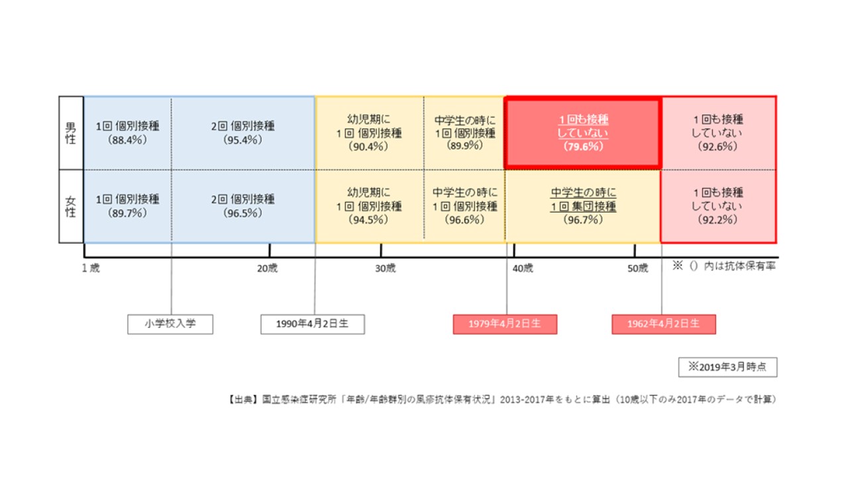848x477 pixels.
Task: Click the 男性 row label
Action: pyautogui.click(x=71, y=133)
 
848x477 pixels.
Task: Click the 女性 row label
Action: pyautogui.click(x=71, y=206)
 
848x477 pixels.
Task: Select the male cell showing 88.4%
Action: pyautogui.click(x=128, y=133)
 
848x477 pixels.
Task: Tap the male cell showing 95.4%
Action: pyautogui.click(x=243, y=133)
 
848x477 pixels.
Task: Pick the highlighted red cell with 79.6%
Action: pyautogui.click(x=583, y=133)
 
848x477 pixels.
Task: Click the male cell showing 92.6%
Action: pyautogui.click(x=718, y=133)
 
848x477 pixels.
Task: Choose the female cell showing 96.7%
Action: pyautogui.click(x=583, y=206)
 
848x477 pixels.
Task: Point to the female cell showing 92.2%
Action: pyautogui.click(x=718, y=206)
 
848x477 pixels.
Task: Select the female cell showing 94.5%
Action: pyautogui.click(x=370, y=206)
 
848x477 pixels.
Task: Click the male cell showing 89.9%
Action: pyautogui.click(x=464, y=133)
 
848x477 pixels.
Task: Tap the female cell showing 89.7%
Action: pyautogui.click(x=128, y=206)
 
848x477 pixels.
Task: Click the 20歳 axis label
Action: pyautogui.click(x=267, y=268)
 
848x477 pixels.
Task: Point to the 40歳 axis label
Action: pyautogui.click(x=523, y=268)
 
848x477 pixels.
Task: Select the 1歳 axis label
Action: pyautogui.click(x=91, y=268)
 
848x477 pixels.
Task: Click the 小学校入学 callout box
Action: pyautogui.click(x=170, y=325)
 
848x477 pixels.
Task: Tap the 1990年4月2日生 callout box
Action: pyautogui.click(x=313, y=325)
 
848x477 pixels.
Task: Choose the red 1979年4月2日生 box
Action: pyautogui.click(x=505, y=325)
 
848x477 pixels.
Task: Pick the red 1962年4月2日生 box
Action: pyautogui.click(x=664, y=325)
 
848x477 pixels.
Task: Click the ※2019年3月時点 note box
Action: pyautogui.click(x=727, y=367)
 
